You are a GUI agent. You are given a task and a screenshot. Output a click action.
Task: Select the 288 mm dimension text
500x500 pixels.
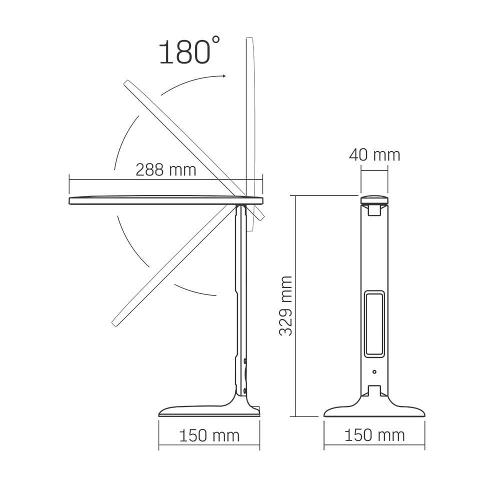coord(166,170)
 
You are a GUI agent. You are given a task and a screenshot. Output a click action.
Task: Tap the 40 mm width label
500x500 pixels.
coord(374,155)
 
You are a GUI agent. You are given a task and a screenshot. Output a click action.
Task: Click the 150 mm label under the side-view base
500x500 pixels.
coord(209,435)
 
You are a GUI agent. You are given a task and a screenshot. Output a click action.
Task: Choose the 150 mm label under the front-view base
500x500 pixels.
coord(374,435)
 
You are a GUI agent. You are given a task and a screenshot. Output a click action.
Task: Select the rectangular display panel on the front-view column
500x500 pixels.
coord(374,323)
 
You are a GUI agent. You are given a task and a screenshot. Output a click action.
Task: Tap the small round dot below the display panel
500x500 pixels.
coord(374,371)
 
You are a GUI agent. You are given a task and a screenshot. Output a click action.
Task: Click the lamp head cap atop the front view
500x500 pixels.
coord(374,200)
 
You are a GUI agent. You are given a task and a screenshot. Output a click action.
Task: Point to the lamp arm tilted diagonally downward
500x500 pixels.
coord(170,270)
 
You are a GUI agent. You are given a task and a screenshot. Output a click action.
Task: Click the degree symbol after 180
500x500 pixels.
coord(215,40)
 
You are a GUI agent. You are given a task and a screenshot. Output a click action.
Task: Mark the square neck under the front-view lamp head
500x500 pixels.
coord(374,210)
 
